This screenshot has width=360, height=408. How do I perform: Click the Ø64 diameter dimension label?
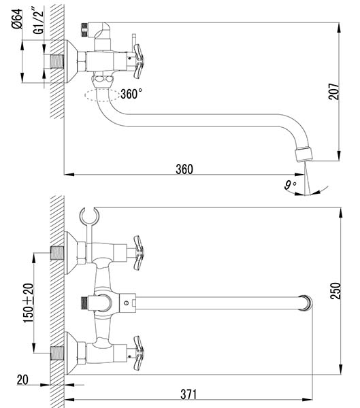coord(18,19)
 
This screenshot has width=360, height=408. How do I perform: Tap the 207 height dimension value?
coord(333,91)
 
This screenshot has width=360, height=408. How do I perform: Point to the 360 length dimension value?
coord(184,169)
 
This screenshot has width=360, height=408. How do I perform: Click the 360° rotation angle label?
coord(131,94)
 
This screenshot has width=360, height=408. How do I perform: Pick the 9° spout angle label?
coord(290,185)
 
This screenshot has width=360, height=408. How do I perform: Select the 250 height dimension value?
coord(336,290)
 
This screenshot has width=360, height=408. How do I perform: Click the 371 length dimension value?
coord(189,394)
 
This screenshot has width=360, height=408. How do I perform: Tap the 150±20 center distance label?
coord(29,303)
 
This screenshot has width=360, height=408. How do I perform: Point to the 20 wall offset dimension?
coord(22,379)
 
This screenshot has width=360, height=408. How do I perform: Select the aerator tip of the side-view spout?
coord(304,154)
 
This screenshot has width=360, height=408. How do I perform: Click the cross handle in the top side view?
coord(139,61)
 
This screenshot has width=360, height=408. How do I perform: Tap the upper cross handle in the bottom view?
coord(139,252)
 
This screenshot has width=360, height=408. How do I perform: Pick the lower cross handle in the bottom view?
coord(139,353)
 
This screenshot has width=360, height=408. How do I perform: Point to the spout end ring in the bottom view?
coord(306,303)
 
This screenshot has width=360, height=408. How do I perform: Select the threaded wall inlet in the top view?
coord(57,62)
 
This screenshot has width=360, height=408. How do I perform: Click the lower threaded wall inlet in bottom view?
coord(57,353)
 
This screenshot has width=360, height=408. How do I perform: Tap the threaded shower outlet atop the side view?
coord(84,29)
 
